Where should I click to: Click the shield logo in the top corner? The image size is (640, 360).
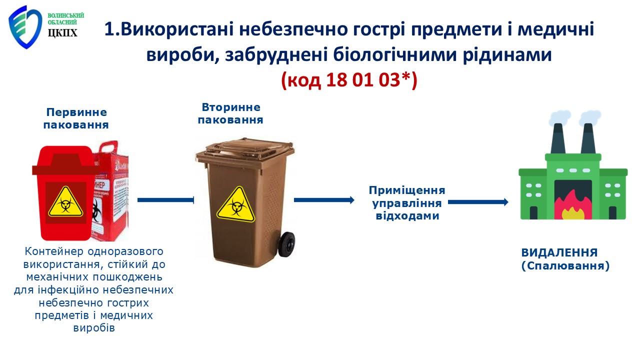[25, 27]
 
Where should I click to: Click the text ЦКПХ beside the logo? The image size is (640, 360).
[62, 33]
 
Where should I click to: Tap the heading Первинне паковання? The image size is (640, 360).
[76, 118]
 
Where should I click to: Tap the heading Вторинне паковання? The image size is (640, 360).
[230, 113]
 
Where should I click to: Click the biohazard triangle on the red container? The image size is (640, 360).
[65, 201]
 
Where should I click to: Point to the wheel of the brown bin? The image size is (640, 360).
[286, 244]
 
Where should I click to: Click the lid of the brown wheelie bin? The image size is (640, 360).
[245, 150]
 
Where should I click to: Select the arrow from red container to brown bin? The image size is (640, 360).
[165, 200]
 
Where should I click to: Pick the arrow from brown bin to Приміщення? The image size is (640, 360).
[324, 200]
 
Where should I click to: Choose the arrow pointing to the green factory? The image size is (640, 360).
[478, 202]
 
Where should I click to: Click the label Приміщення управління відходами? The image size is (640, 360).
[407, 203]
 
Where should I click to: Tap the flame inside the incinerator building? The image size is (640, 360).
[573, 205]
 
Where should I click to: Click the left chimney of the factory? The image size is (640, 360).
[558, 139]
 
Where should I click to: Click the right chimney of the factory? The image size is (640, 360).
[588, 139]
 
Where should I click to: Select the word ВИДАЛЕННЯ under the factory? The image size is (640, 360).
[559, 253]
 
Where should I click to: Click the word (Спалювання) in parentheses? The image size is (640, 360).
[565, 266]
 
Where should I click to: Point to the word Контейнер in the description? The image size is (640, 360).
[54, 251]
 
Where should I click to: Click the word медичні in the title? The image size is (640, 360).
[556, 29]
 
